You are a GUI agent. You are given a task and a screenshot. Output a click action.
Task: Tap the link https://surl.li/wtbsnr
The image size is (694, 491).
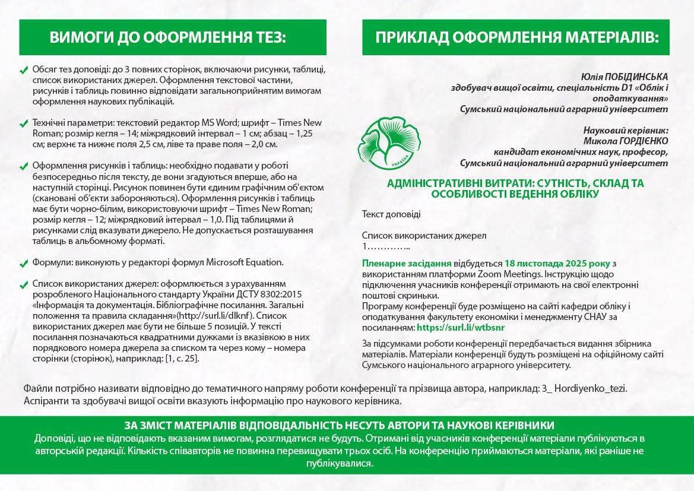[x=460, y=327]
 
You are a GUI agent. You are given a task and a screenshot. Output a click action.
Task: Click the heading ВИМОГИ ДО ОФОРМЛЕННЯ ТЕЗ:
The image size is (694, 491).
[x=168, y=39]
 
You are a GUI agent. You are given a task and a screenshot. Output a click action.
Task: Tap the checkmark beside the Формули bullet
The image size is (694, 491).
[x=24, y=263]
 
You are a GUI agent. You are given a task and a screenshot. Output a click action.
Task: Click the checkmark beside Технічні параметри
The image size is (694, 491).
[x=24, y=124]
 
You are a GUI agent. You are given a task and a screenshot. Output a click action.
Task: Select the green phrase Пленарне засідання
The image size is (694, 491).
[x=407, y=263]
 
